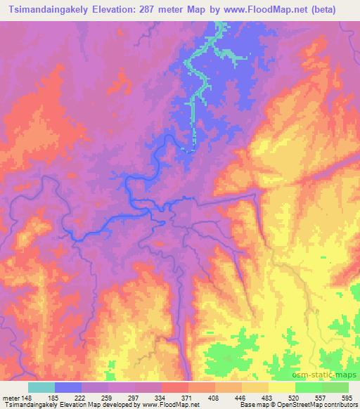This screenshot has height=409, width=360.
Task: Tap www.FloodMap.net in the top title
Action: (x=265, y=9)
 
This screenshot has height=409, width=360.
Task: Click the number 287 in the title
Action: (x=154, y=9)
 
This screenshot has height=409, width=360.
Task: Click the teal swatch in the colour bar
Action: (x=41, y=387)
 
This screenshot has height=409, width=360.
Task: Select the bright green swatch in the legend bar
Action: (x=309, y=387)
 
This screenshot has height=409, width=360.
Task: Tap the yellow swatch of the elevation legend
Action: (x=282, y=387)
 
